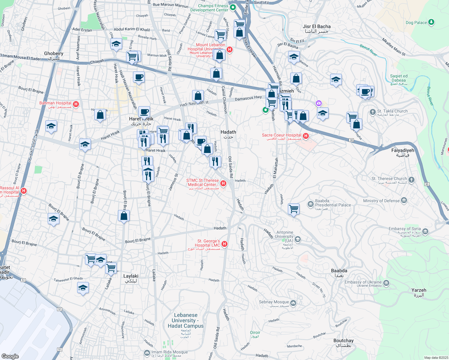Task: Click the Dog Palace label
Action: pos(416,22)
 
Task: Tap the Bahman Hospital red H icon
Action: pos(76,104)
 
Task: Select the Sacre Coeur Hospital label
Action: pos(282,135)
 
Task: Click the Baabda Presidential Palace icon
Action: pos(310,204)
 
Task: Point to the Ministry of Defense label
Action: pos(381,201)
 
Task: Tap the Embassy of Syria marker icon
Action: pos(425,231)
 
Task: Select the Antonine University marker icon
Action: pos(297,239)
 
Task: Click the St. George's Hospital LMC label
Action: pos(209,243)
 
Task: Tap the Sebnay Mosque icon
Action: pos(293,303)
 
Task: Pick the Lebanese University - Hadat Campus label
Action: pos(186,320)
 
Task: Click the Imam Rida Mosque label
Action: pos(170,352)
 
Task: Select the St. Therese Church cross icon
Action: pos(411,180)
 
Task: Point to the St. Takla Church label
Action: pos(392,111)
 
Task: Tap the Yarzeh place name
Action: pos(419,290)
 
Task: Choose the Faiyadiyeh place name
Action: pos(402,150)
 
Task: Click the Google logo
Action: pos(10,356)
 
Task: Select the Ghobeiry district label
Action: pos(54,53)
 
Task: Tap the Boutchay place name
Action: pos(343,340)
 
